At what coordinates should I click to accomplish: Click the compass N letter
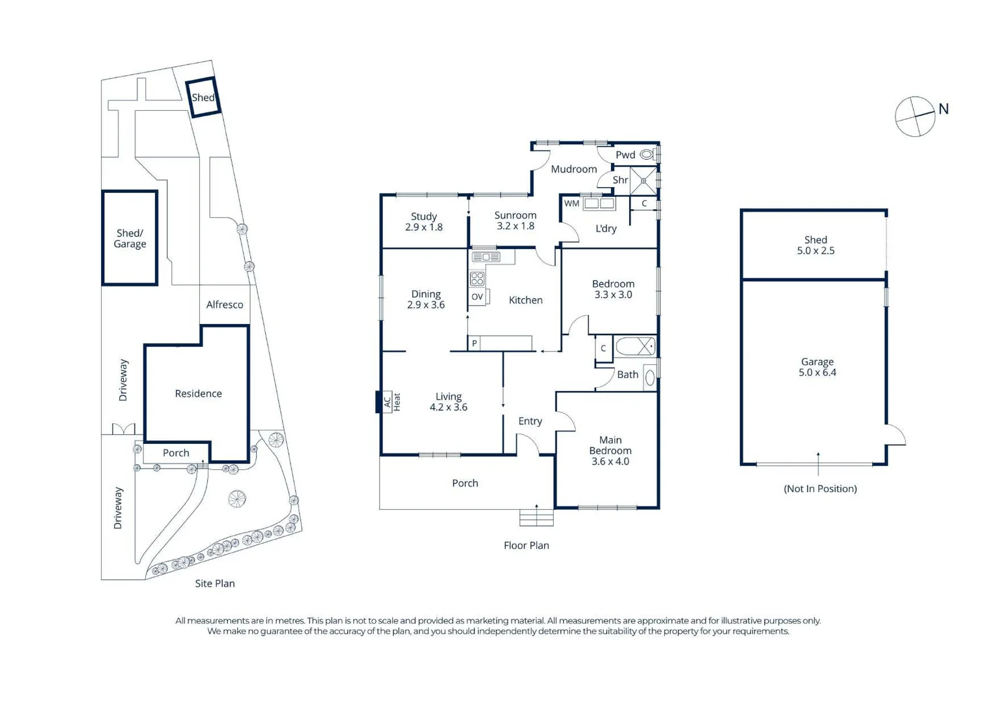[943, 109]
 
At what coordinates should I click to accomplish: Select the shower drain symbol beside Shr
[644, 181]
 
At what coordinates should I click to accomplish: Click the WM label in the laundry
[571, 203]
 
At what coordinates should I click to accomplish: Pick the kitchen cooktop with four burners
[477, 278]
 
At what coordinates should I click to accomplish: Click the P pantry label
[474, 343]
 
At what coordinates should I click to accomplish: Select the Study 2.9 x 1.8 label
[424, 222]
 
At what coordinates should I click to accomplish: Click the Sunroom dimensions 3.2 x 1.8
[515, 226]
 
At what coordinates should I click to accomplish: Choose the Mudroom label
[574, 169]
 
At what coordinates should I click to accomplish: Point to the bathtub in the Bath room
[634, 346]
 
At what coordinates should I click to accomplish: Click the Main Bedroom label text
[610, 445]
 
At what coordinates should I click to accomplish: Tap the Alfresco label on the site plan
[225, 305]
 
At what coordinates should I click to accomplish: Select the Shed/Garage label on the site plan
[130, 239]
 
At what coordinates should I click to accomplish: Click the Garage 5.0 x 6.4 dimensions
[818, 372]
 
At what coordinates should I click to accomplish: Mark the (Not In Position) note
[820, 489]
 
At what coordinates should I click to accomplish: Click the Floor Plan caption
[526, 545]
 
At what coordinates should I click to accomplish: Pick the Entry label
[530, 421]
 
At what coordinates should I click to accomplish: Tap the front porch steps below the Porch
[537, 518]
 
